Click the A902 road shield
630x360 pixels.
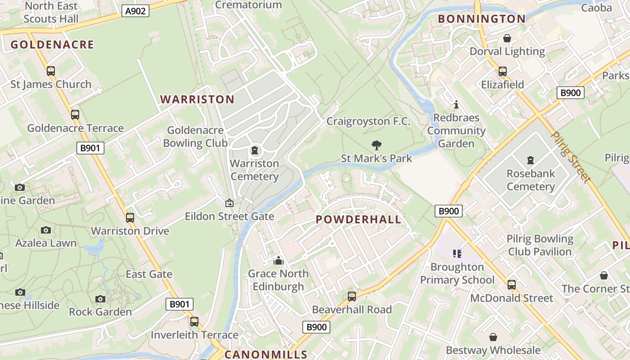[x=135, y=11]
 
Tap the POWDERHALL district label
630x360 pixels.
[x=358, y=220]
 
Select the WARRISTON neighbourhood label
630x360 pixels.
[x=197, y=99]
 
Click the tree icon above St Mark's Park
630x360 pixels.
[x=377, y=145]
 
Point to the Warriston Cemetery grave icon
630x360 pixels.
[x=255, y=150]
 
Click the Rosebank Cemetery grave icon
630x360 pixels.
[x=530, y=160]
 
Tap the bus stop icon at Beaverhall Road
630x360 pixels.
[x=352, y=297]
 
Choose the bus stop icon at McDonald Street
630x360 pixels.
[x=512, y=285]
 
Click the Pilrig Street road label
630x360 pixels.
[x=570, y=157]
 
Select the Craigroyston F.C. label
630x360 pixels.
[x=368, y=121]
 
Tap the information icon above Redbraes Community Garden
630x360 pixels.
[x=456, y=105]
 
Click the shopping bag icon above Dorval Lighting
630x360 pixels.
[x=507, y=38]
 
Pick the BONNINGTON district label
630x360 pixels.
[x=481, y=19]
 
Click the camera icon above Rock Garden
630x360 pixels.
[x=100, y=299]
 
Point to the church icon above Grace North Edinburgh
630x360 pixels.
[x=279, y=261]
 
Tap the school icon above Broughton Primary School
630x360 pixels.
[x=457, y=254]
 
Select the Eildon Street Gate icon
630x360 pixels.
[x=229, y=203]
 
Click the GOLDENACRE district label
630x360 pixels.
[x=52, y=45]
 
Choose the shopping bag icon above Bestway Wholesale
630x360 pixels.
[x=493, y=337]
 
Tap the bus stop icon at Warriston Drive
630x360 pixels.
[x=130, y=218]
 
